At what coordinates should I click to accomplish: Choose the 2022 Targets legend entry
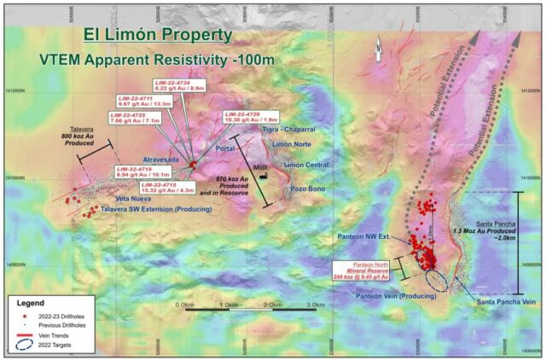60,348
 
